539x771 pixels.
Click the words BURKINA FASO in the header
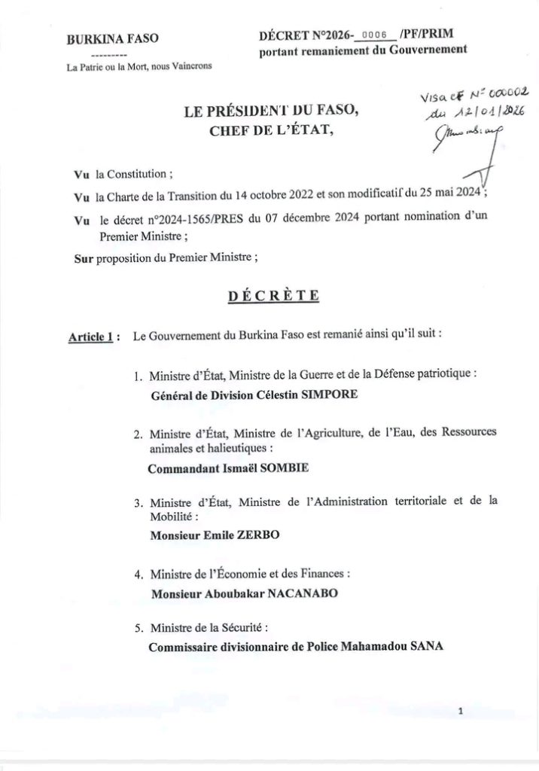(112, 40)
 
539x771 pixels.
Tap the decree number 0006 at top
(373, 35)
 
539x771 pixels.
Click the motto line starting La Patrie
(139, 66)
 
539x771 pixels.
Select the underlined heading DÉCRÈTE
(273, 295)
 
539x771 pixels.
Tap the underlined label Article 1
(91, 337)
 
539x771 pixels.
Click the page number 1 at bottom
(461, 711)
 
